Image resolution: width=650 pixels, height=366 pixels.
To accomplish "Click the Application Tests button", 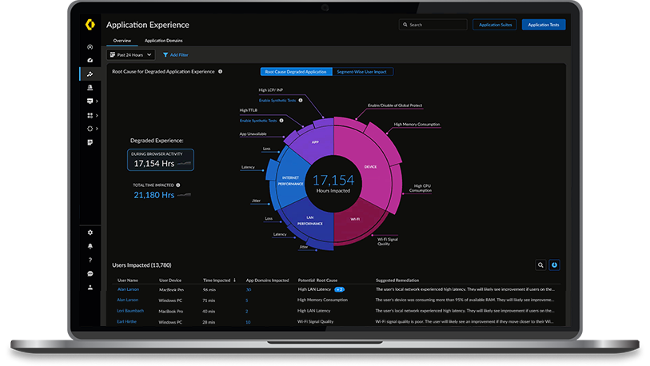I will (544, 25).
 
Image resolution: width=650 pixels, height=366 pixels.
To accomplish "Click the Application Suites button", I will (495, 25).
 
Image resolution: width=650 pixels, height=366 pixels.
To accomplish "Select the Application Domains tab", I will (162, 40).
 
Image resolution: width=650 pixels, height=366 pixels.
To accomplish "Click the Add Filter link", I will (176, 55).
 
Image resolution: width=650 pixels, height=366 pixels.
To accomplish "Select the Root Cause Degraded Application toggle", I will (296, 72).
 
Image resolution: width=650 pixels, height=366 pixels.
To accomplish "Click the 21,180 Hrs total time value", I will (154, 194).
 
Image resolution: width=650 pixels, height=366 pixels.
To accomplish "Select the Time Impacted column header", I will (217, 280).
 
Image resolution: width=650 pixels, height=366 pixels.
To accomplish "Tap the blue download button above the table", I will (555, 265).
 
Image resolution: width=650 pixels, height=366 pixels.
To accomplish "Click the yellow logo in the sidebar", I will (90, 25).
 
